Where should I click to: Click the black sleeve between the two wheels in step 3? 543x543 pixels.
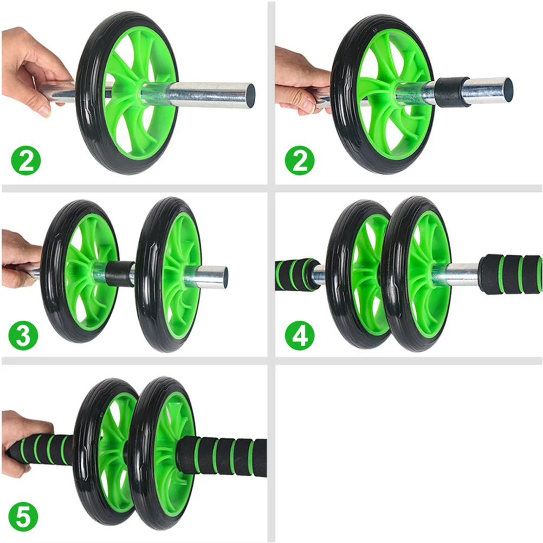click(120, 273)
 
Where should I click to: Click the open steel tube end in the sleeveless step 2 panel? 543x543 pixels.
click(250, 95)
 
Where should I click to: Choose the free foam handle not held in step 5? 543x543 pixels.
click(228, 456)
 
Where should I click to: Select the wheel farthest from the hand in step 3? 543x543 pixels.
click(168, 274)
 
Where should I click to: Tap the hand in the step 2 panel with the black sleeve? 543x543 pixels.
click(301, 79)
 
